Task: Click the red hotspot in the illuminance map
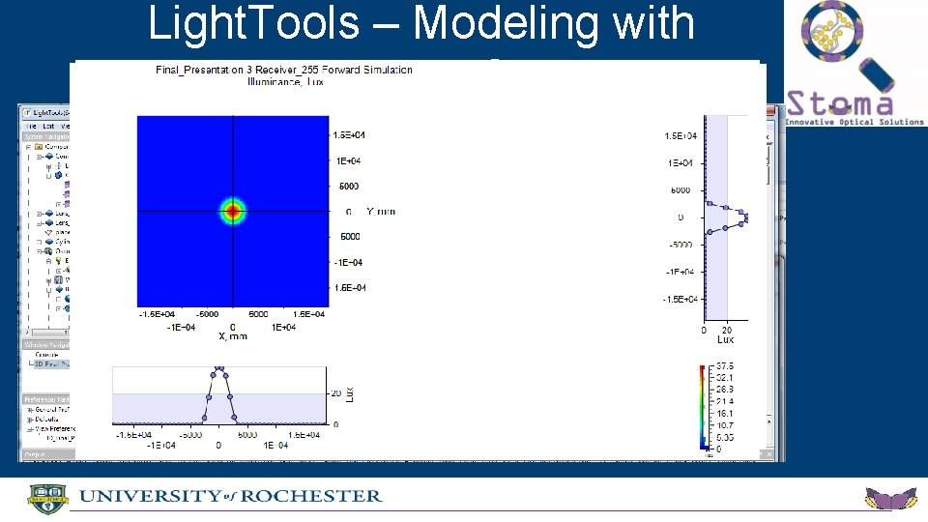point(232,211)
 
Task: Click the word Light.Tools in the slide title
point(252,23)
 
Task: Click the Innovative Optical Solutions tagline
point(854,122)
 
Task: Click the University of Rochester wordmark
point(230,496)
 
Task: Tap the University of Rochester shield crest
point(43,497)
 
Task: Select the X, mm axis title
point(233,336)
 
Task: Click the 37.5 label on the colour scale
point(725,366)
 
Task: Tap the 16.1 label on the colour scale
point(725,413)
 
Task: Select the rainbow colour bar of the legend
point(703,406)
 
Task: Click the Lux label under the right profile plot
point(725,339)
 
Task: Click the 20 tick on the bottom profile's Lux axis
point(335,393)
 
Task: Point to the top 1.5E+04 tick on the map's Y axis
point(348,134)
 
